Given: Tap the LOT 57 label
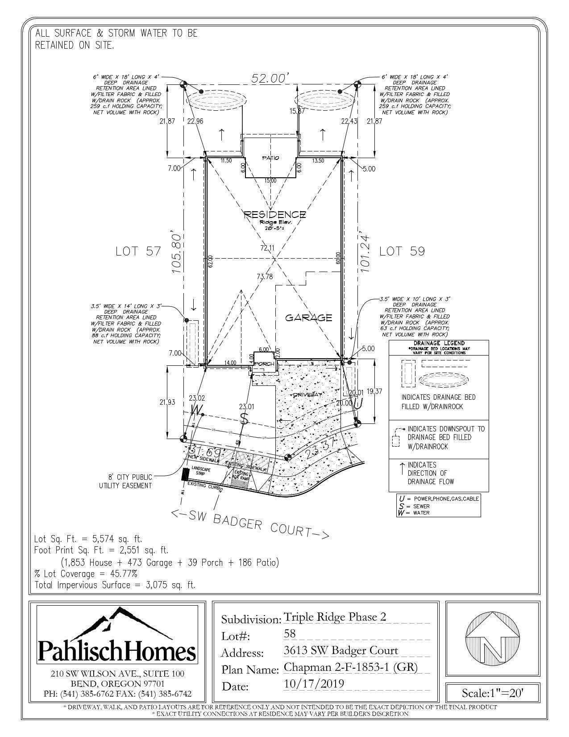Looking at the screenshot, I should tap(138, 251).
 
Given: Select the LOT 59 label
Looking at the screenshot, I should tap(402, 251).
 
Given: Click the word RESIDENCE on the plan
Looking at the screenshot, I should tap(275, 215).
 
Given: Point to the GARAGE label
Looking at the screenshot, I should tap(309, 318).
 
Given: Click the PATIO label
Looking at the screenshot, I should tap(270, 158).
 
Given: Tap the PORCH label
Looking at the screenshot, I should tap(264, 364).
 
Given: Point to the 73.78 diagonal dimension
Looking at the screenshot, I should tap(264, 277).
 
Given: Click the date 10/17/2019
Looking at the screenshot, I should tap(314, 684).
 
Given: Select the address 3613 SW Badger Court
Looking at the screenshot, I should tap(341, 650).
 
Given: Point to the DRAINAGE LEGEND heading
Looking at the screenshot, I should tap(439, 343).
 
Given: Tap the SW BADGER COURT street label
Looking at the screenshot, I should tap(250, 524).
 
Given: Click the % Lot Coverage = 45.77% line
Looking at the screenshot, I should tap(86, 574).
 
